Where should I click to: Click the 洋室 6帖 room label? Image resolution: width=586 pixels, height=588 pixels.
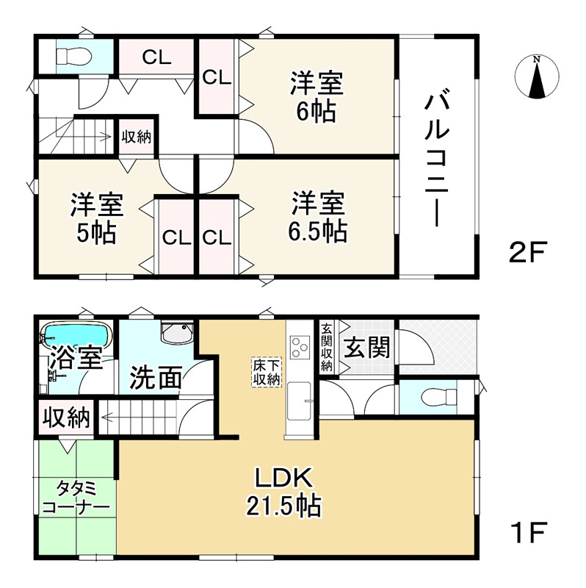pos(316,96)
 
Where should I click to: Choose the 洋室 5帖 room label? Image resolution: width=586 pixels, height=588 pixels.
pos(97,218)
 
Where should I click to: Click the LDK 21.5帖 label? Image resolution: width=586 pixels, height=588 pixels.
pos(287,492)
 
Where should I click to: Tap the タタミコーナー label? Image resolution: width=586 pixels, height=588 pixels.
pos(76,498)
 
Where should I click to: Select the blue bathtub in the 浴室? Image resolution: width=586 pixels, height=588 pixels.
pos(76,337)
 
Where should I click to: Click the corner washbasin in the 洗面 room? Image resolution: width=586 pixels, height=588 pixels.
pos(176,335)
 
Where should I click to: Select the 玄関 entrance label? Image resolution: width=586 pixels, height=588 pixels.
pos(367,347)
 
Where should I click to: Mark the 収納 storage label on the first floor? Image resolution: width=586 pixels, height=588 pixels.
pos(65,419)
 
